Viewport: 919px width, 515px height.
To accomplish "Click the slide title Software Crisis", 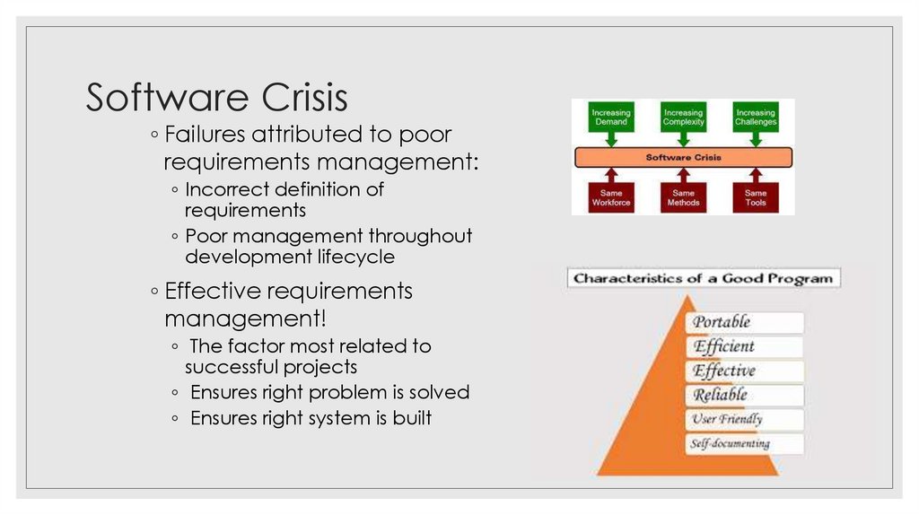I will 216,98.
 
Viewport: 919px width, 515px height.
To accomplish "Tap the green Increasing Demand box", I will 611,118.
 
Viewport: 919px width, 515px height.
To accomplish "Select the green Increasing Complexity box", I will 683,118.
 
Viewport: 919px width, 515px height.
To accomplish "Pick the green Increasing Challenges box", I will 755,118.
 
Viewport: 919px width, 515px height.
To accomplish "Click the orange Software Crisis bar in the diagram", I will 683,158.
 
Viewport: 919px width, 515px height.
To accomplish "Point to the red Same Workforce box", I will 611,197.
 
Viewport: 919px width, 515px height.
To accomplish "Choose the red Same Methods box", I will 683,197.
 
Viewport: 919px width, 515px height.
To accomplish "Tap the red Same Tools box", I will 755,197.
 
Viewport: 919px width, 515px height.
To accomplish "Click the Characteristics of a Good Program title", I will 704,278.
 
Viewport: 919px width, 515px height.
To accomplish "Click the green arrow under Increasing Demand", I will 611,138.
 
